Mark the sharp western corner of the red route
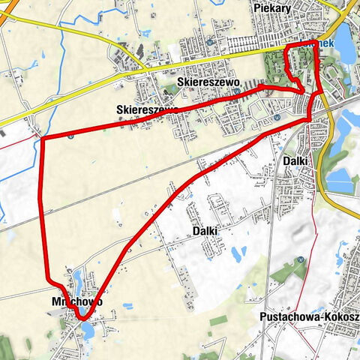[42, 138]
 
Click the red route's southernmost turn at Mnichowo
[82, 318]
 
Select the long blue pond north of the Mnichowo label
[78, 279]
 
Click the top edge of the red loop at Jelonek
[300, 47]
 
